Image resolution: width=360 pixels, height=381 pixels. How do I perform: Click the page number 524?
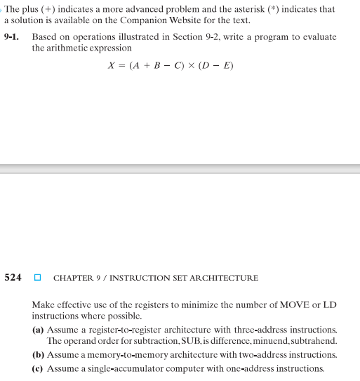[13, 277]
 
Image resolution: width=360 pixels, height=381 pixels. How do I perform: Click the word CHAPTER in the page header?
[74, 278]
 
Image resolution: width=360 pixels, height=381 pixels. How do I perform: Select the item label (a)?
[39, 329]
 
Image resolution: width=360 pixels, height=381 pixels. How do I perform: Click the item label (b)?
[39, 355]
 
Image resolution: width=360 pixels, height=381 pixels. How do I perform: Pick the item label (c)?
[39, 368]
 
